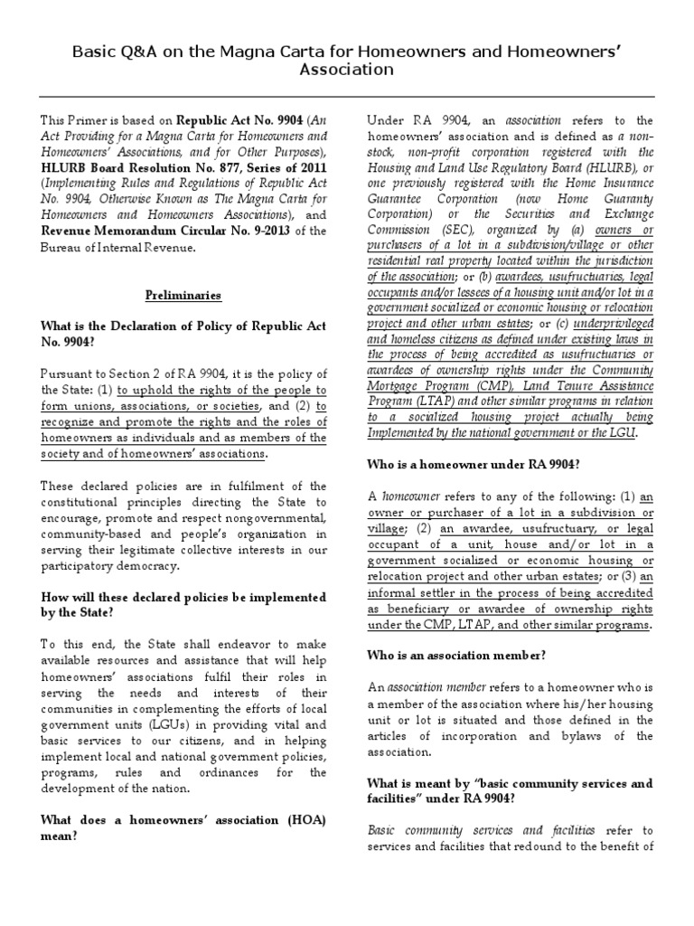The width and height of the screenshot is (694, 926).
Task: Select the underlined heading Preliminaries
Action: pos(184,295)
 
